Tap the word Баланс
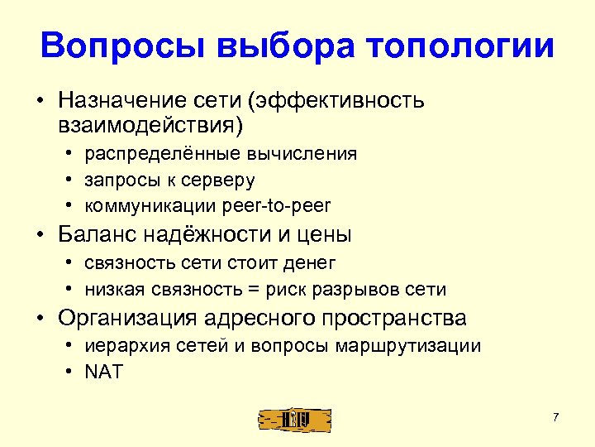(95, 234)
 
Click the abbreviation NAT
(103, 372)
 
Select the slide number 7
(556, 416)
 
